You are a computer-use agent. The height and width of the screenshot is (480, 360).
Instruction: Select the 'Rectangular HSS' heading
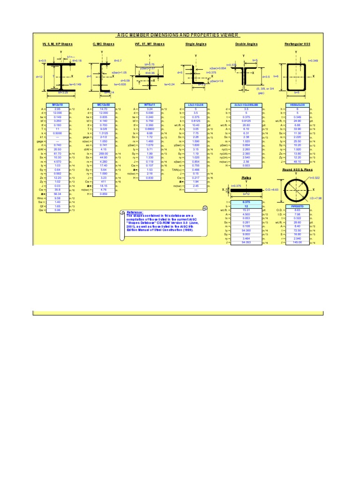297,44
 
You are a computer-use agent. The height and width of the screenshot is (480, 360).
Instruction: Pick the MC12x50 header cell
103,105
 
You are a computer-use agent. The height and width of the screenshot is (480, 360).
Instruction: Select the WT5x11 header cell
150,105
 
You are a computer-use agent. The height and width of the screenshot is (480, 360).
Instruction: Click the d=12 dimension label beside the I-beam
39,76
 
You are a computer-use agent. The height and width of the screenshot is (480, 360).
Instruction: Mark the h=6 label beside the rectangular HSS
277,76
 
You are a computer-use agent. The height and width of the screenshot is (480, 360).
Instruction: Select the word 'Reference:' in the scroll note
135,212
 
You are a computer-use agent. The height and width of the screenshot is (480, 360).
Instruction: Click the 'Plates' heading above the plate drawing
247,178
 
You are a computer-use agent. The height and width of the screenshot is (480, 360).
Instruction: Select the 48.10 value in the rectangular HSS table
298,162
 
